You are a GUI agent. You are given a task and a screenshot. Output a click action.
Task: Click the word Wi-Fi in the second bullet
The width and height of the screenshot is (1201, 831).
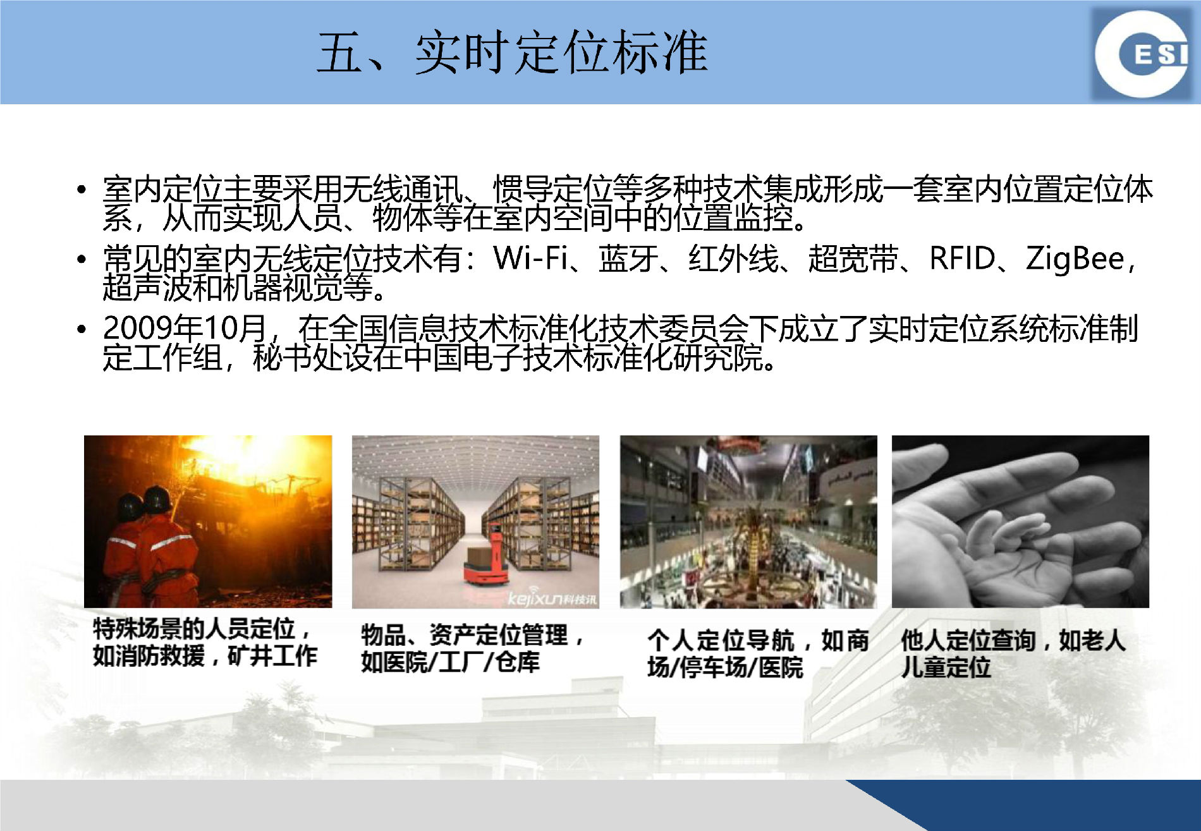[x=530, y=258]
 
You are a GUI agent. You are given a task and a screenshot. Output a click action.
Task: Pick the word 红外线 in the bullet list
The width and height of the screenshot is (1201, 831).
[x=733, y=258]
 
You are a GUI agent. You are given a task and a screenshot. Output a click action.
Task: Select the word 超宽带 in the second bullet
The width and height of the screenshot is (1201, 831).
[x=853, y=258]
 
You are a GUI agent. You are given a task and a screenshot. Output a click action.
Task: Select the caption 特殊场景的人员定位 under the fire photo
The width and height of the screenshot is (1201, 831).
[x=194, y=629]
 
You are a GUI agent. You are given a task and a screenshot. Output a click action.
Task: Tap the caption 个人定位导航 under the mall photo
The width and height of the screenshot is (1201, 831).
[x=721, y=640]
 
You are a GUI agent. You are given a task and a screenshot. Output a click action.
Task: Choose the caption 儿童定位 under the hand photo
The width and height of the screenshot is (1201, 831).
[x=946, y=667]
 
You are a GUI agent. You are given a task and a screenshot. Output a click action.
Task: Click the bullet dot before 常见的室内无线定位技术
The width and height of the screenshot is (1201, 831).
[x=81, y=259]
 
